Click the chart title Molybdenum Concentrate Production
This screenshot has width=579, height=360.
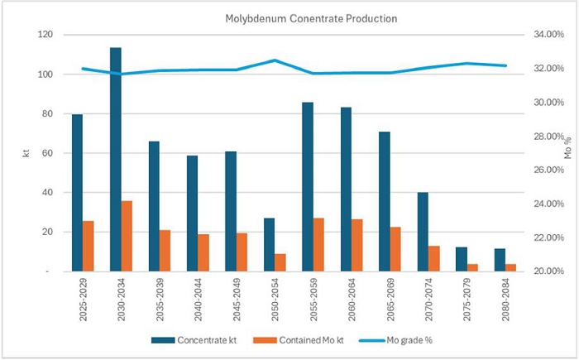[x=289, y=17]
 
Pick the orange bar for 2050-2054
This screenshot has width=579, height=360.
[x=280, y=262]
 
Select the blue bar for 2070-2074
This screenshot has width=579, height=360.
[x=423, y=232]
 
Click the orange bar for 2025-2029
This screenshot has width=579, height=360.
[x=89, y=246]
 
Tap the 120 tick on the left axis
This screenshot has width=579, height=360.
[x=44, y=35]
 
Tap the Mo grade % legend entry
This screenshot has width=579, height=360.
[x=395, y=340]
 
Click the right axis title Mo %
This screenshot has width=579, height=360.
[x=567, y=153]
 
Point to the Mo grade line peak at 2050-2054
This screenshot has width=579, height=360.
[x=275, y=60]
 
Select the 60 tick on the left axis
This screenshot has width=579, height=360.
[x=46, y=153]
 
